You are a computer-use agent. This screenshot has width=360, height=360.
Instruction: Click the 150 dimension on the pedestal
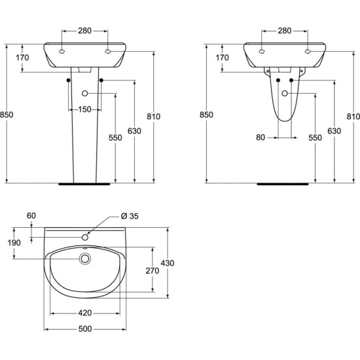(x=84, y=109)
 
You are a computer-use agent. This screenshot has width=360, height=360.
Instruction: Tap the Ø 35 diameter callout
(x=130, y=216)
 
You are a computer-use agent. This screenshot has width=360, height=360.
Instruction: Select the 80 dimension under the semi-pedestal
(x=261, y=137)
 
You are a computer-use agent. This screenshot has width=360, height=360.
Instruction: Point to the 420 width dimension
(x=85, y=313)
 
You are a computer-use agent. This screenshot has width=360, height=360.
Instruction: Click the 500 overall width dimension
(x=85, y=329)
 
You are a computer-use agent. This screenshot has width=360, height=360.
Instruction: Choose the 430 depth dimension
(x=168, y=263)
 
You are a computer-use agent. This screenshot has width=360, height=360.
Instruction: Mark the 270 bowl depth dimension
(x=153, y=271)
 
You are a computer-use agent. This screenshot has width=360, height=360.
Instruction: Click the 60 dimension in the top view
(x=31, y=215)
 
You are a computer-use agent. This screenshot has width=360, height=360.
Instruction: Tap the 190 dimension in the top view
(x=14, y=242)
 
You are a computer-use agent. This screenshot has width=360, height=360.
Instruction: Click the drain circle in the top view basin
(x=85, y=259)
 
